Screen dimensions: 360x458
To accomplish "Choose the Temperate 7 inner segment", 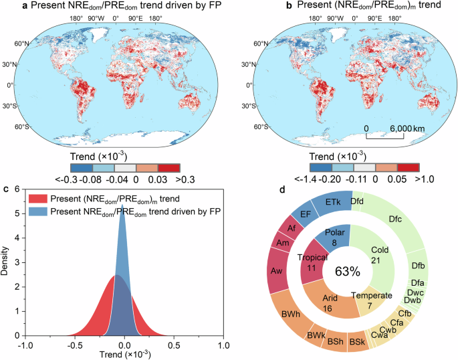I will [368, 299].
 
